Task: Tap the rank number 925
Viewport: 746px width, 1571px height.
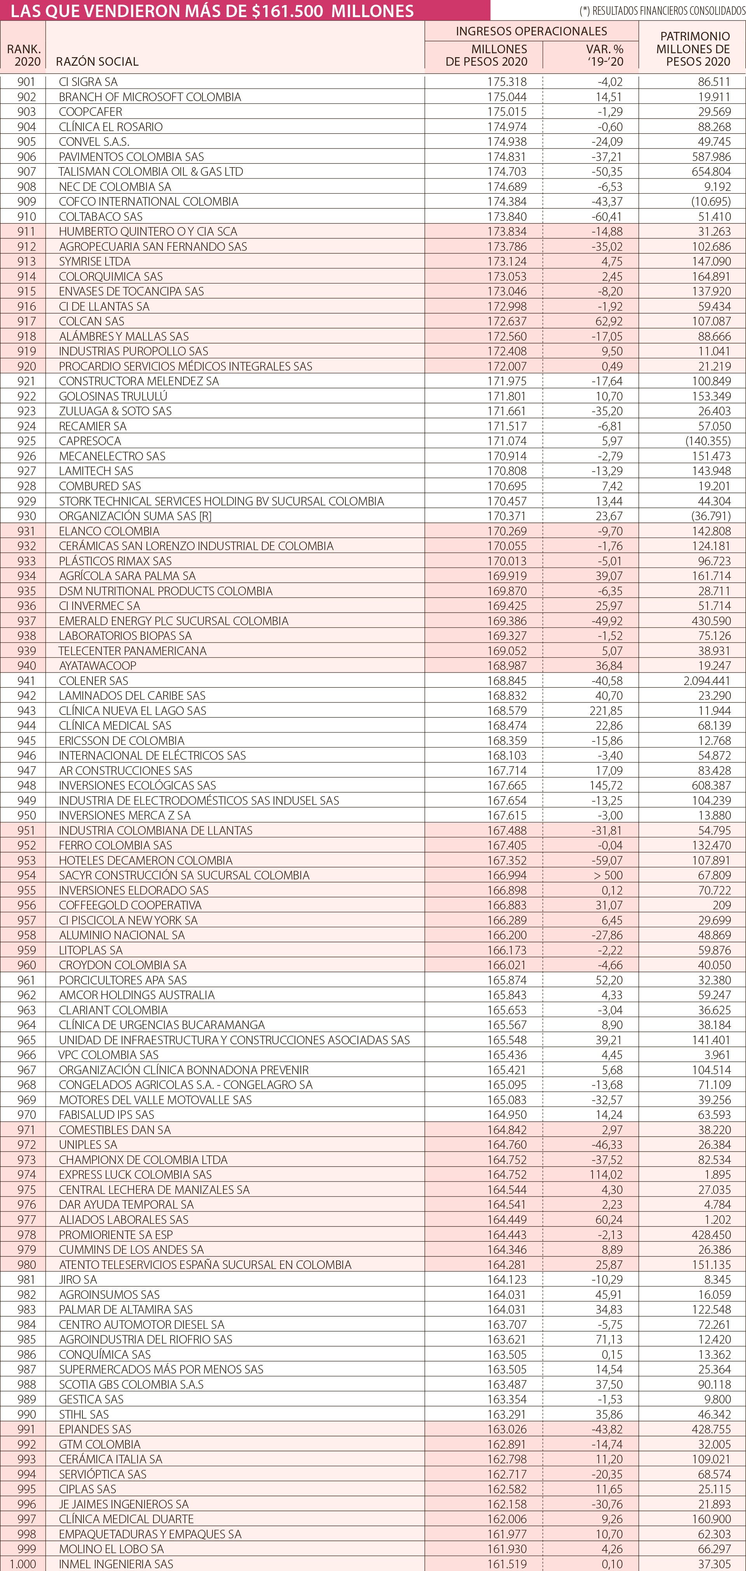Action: [26, 441]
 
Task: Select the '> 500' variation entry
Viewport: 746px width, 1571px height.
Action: [608, 875]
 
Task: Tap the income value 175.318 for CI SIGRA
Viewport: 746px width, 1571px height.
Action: [507, 82]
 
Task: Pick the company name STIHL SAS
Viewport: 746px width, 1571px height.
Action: [84, 1414]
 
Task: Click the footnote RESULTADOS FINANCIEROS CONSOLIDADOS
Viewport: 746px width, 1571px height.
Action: [661, 11]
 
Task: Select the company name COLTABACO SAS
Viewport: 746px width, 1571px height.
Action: [101, 217]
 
